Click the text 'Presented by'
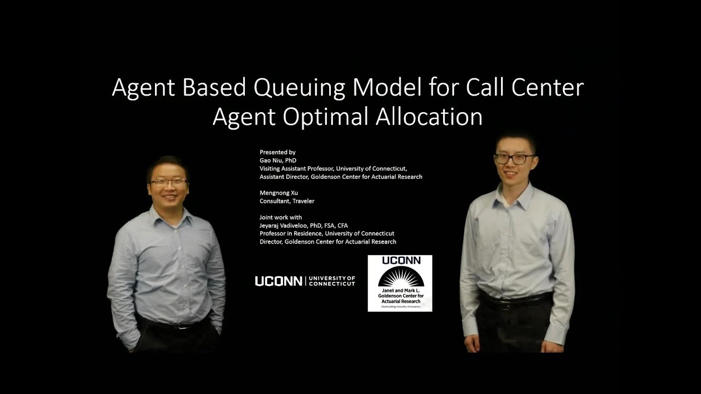tap(278, 152)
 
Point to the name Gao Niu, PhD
tap(278, 160)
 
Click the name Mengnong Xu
tap(279, 193)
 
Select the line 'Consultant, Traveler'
tap(287, 201)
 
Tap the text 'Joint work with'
tap(280, 217)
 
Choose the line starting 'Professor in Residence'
tap(326, 234)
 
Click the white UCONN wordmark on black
tap(278, 281)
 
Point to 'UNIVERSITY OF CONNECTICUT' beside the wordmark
tap(332, 281)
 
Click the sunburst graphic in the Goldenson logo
tap(399, 280)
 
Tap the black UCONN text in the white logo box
tap(400, 261)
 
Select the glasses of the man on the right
tap(514, 159)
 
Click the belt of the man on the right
tap(515, 299)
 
